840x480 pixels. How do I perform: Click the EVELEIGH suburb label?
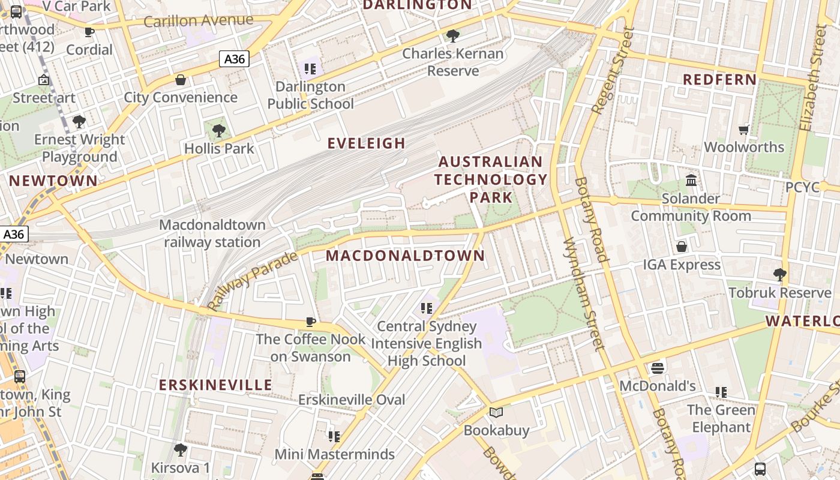click(366, 143)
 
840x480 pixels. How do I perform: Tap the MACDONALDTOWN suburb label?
click(405, 256)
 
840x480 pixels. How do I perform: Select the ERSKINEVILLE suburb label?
click(215, 385)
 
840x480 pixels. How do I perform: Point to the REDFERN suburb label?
click(720, 80)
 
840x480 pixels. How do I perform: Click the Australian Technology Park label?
click(491, 179)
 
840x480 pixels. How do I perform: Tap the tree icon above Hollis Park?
click(219, 130)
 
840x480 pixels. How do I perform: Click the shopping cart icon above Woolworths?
click(744, 130)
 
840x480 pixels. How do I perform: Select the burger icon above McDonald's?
click(658, 368)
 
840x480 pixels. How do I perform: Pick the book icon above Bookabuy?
click(496, 413)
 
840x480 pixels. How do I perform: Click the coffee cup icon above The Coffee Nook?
click(310, 322)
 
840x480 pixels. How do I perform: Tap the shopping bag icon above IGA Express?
click(682, 247)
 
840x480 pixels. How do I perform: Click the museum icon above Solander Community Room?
click(691, 180)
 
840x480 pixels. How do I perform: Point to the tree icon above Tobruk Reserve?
click(779, 275)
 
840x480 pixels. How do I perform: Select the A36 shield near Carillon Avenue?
click(234, 59)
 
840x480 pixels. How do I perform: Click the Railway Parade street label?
click(253, 281)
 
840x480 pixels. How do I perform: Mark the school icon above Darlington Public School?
click(310, 69)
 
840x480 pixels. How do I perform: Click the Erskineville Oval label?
click(352, 400)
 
